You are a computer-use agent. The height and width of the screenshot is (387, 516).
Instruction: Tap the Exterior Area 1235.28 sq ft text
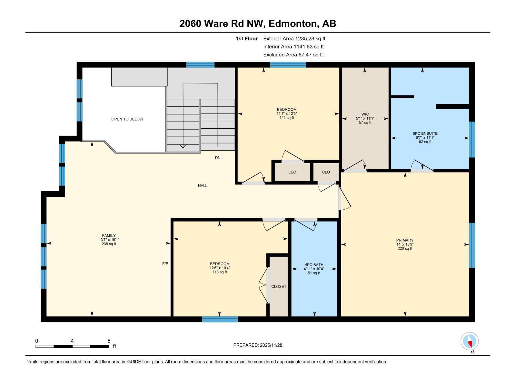294,39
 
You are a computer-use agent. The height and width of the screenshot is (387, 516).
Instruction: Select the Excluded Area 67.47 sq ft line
293,55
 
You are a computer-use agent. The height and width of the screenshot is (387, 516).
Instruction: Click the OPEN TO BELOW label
127,119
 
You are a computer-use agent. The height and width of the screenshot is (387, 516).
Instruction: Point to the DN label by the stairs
218,158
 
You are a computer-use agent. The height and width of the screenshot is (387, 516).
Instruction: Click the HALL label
203,185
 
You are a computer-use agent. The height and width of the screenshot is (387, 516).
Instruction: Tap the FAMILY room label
109,236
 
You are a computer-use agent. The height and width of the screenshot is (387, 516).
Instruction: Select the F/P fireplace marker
165,263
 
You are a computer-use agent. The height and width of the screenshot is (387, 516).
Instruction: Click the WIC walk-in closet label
365,114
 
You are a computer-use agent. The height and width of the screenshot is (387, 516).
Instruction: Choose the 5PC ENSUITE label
425,134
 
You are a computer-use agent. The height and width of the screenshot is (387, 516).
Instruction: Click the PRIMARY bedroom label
405,240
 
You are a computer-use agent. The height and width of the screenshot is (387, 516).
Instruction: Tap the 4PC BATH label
314,265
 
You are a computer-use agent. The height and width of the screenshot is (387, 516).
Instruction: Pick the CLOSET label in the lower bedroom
279,286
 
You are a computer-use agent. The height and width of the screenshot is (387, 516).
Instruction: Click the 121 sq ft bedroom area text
287,118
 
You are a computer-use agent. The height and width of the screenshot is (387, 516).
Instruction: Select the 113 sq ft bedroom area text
220,272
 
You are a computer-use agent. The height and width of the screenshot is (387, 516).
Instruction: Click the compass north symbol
470,342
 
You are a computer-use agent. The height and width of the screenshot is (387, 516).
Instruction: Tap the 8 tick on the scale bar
109,341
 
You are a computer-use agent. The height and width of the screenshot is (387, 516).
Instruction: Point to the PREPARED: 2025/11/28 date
258,345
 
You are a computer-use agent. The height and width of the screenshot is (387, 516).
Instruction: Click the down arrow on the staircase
183,146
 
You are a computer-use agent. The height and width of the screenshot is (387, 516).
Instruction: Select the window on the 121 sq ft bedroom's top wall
288,65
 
